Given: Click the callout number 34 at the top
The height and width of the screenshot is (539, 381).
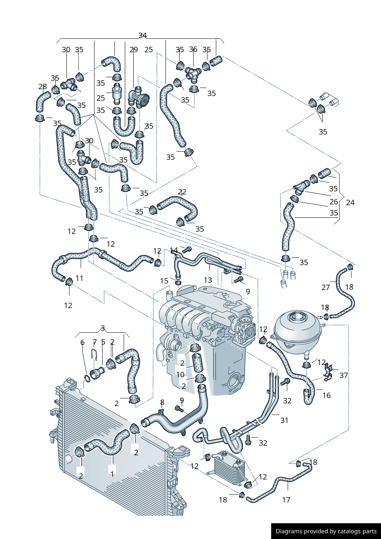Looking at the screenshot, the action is (142, 35).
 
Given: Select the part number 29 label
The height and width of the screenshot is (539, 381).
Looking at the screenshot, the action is (134, 50).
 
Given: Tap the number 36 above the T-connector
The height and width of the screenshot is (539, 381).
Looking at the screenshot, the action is (193, 49).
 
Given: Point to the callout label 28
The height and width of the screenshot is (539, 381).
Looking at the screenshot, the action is (43, 86).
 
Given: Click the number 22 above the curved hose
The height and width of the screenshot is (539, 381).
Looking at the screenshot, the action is (182, 192).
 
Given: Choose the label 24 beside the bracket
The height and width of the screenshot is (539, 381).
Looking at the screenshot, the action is (350, 202).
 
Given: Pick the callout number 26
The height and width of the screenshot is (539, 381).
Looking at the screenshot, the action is (334, 202).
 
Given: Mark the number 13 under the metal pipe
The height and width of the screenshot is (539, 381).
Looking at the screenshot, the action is (208, 280).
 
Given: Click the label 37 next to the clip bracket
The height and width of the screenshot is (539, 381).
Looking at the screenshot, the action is (344, 375).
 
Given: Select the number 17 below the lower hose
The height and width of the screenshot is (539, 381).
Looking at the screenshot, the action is (286, 500).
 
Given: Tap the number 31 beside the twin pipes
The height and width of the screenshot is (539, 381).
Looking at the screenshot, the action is (284, 420).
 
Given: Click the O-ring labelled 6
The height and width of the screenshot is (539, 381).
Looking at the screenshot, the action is (87, 378).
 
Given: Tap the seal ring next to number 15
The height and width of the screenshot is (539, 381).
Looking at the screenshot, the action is (178, 282).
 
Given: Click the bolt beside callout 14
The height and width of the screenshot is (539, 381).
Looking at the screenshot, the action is (186, 250).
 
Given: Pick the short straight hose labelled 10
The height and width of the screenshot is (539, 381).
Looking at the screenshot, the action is (198, 364).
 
